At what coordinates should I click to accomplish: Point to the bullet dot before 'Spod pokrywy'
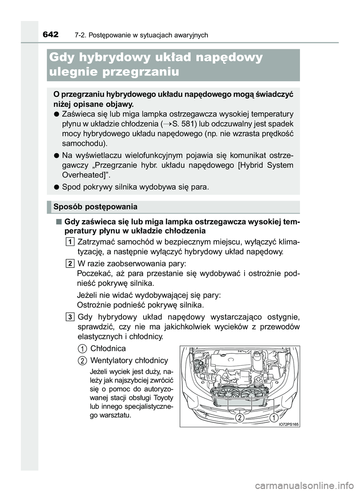click(x=55, y=187)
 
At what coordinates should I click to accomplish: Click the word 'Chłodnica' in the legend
click(x=108, y=348)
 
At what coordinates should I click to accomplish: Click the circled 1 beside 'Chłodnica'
click(x=83, y=348)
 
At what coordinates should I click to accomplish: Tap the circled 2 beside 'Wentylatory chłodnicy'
click(x=83, y=360)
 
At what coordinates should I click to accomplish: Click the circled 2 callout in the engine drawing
click(x=240, y=418)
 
